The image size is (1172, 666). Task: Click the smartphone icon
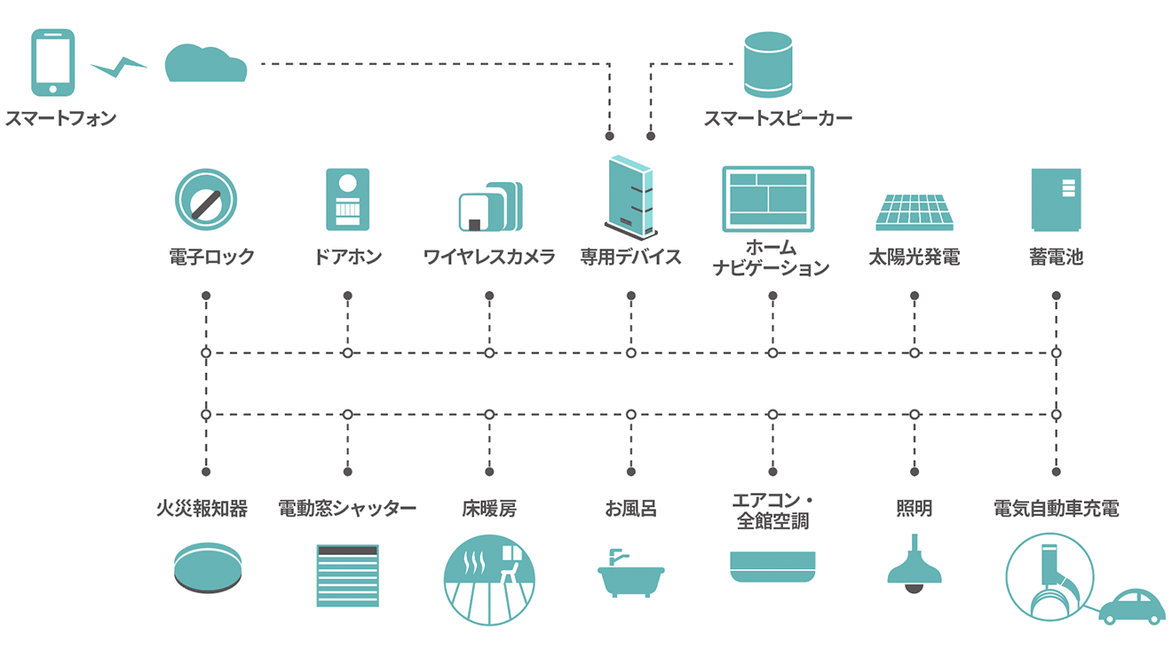tap(53, 62)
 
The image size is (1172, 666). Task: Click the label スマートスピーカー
tap(778, 118)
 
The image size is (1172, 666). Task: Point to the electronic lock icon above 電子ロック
tap(206, 200)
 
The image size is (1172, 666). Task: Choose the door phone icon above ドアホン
tap(347, 199)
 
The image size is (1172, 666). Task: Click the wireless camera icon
tap(490, 207)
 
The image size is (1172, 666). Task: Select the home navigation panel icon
tap(768, 198)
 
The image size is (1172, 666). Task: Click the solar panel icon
tap(914, 210)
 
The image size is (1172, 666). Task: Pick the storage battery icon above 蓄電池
tap(1056, 199)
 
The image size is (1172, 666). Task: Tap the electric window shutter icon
tap(347, 575)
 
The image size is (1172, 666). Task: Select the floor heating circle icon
tap(489, 580)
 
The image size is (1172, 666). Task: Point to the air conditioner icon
tap(772, 567)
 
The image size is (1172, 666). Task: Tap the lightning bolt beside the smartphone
tap(119, 67)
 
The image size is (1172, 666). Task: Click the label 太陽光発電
tap(914, 258)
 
